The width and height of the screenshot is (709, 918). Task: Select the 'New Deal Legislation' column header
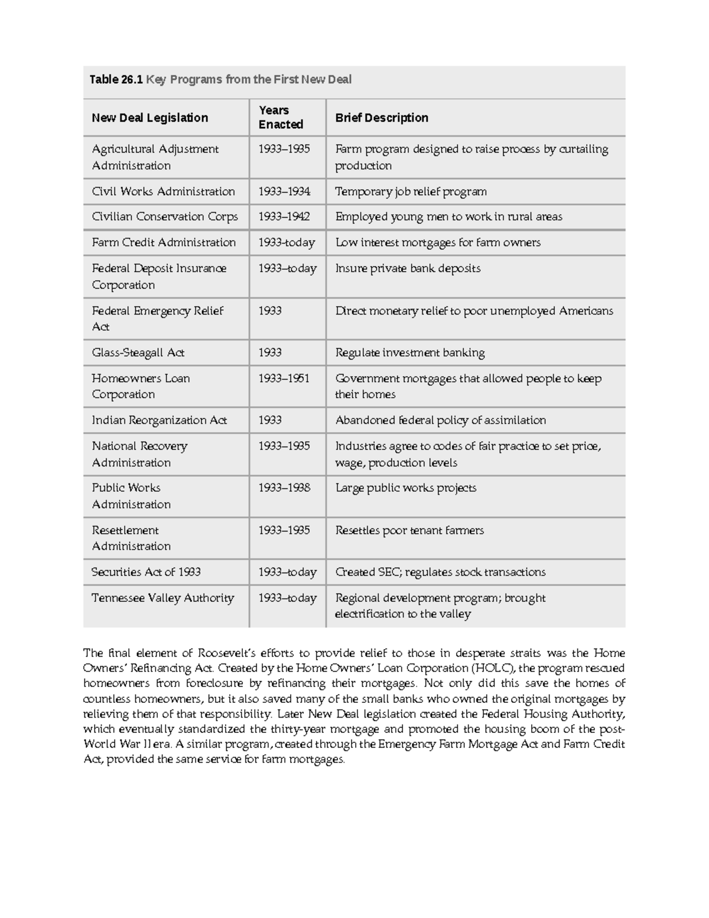[x=149, y=118]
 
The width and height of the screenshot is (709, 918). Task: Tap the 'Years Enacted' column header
[x=281, y=118]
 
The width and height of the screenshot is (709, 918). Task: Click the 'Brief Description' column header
[x=382, y=118]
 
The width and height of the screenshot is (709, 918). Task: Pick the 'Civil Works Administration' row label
[x=163, y=192]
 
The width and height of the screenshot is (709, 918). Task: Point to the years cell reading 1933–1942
[x=284, y=217]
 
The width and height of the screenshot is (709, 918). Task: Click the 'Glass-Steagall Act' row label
[x=138, y=353]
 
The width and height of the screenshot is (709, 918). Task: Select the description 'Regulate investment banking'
[x=409, y=353]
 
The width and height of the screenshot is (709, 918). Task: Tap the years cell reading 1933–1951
[x=284, y=378]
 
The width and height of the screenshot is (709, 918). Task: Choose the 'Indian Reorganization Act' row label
[x=159, y=420]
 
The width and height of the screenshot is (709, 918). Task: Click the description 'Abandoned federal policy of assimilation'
[x=440, y=420]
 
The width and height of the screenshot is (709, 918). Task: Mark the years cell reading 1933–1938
[x=284, y=488]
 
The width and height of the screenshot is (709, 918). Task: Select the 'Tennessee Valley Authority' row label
[x=162, y=598]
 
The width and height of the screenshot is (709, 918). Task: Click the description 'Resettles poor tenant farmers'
[x=409, y=531]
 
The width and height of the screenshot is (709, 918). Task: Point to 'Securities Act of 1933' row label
[x=146, y=572]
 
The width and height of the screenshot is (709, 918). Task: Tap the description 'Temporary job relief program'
[x=411, y=192]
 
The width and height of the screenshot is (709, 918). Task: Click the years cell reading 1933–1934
[x=284, y=192]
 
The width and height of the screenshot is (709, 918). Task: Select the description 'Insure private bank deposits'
[x=408, y=268]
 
